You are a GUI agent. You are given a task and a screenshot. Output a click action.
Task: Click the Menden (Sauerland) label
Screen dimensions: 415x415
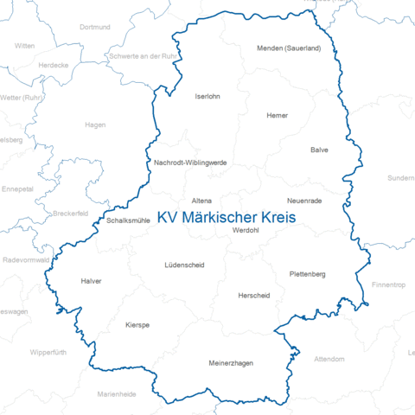coord(289,48)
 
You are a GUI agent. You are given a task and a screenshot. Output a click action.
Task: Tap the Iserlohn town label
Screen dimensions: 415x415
coord(207,96)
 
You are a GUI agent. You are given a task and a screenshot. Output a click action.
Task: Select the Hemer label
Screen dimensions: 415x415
coord(278,115)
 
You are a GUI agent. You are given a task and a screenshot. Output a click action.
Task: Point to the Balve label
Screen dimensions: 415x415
coord(319,150)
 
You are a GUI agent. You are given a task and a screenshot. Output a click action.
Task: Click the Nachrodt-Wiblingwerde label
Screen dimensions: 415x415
coord(190,162)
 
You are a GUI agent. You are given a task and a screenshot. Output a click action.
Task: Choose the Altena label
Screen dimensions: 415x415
coord(201,200)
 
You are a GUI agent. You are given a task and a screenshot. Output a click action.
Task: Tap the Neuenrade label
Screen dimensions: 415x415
coord(303,200)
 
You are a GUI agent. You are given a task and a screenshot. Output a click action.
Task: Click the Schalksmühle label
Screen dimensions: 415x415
coord(129,220)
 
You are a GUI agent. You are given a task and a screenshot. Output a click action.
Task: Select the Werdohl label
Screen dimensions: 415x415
coord(246,230)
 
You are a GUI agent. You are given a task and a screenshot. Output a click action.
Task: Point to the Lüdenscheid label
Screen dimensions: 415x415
coord(184,265)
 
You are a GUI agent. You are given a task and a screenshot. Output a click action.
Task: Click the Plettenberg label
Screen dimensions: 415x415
coord(307,274)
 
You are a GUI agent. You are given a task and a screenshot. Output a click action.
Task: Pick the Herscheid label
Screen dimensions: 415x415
coord(253,296)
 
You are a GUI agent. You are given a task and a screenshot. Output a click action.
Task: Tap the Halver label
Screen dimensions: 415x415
coord(91,281)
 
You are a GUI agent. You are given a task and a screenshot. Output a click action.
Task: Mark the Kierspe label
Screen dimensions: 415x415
coord(137,324)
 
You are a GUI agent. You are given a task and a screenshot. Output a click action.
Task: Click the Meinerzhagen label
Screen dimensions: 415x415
coord(231,363)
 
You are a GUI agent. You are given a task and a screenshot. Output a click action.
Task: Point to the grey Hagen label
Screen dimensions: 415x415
coord(95,124)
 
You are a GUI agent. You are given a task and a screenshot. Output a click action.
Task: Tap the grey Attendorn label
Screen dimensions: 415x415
coord(329,358)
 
